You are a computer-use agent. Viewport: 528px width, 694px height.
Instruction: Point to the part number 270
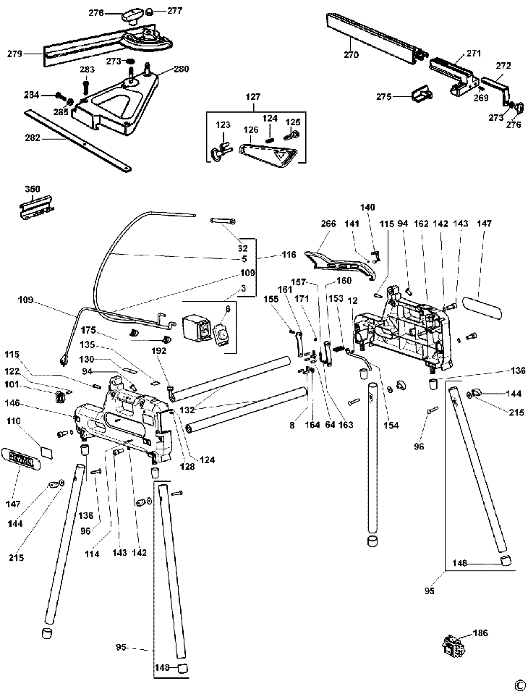point(352,55)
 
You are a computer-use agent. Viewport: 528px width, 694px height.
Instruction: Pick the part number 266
point(328,224)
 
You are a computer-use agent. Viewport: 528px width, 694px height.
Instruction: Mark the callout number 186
point(480,632)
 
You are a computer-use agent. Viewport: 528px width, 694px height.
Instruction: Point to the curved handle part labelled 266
point(340,261)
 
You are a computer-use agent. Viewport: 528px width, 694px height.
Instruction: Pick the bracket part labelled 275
point(420,94)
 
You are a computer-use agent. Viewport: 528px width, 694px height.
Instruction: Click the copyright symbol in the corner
point(519,685)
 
